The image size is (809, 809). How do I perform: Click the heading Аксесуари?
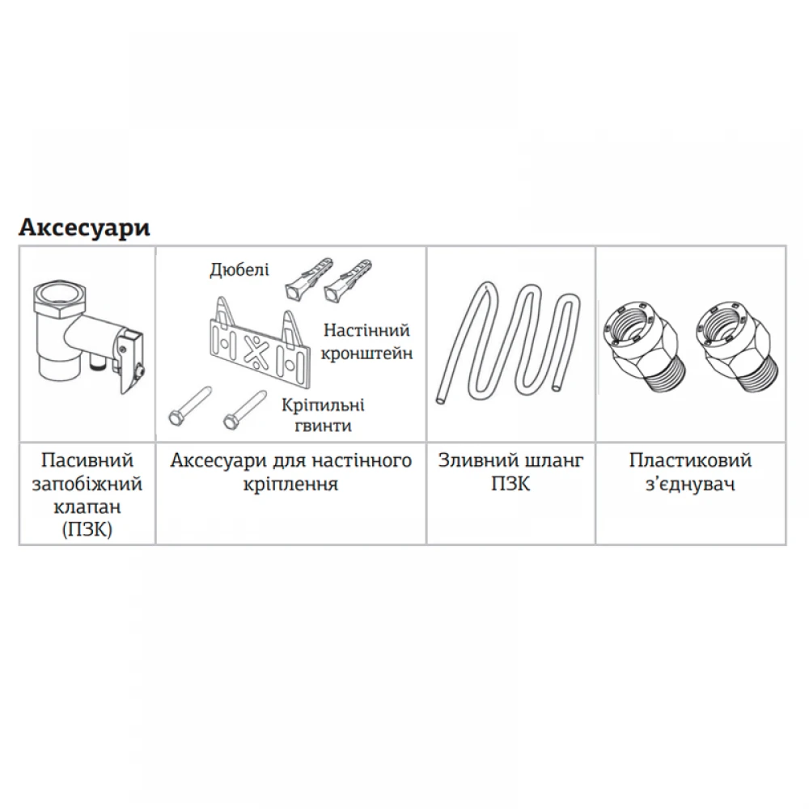coord(84,228)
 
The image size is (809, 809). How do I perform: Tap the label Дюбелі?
coord(239,270)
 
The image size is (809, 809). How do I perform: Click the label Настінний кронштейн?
coord(366,341)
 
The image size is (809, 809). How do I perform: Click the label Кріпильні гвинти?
coord(324,415)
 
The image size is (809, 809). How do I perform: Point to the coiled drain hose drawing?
coord(509,343)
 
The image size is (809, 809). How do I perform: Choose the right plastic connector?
coord(735,345)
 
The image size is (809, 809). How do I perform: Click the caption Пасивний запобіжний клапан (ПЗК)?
coord(87,495)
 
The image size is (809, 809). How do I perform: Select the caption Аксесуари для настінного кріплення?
coord(291,472)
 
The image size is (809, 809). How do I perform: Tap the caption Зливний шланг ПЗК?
coord(510,472)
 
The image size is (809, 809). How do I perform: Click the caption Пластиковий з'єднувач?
coord(690,472)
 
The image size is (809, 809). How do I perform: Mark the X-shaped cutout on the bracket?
coord(253,350)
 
